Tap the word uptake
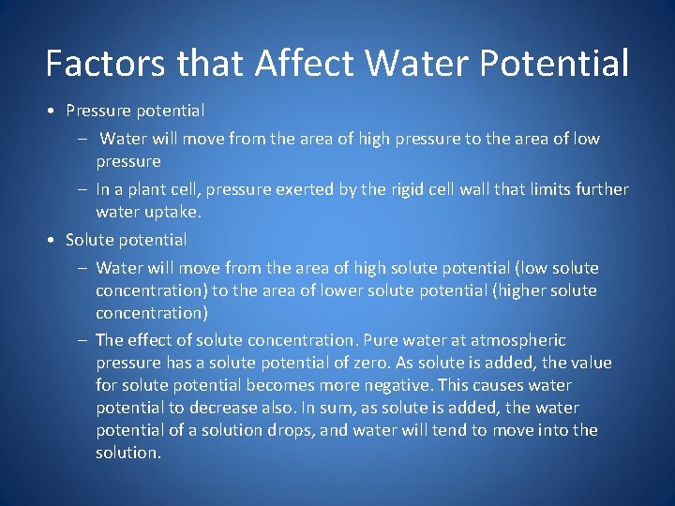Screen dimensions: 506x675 175,212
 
